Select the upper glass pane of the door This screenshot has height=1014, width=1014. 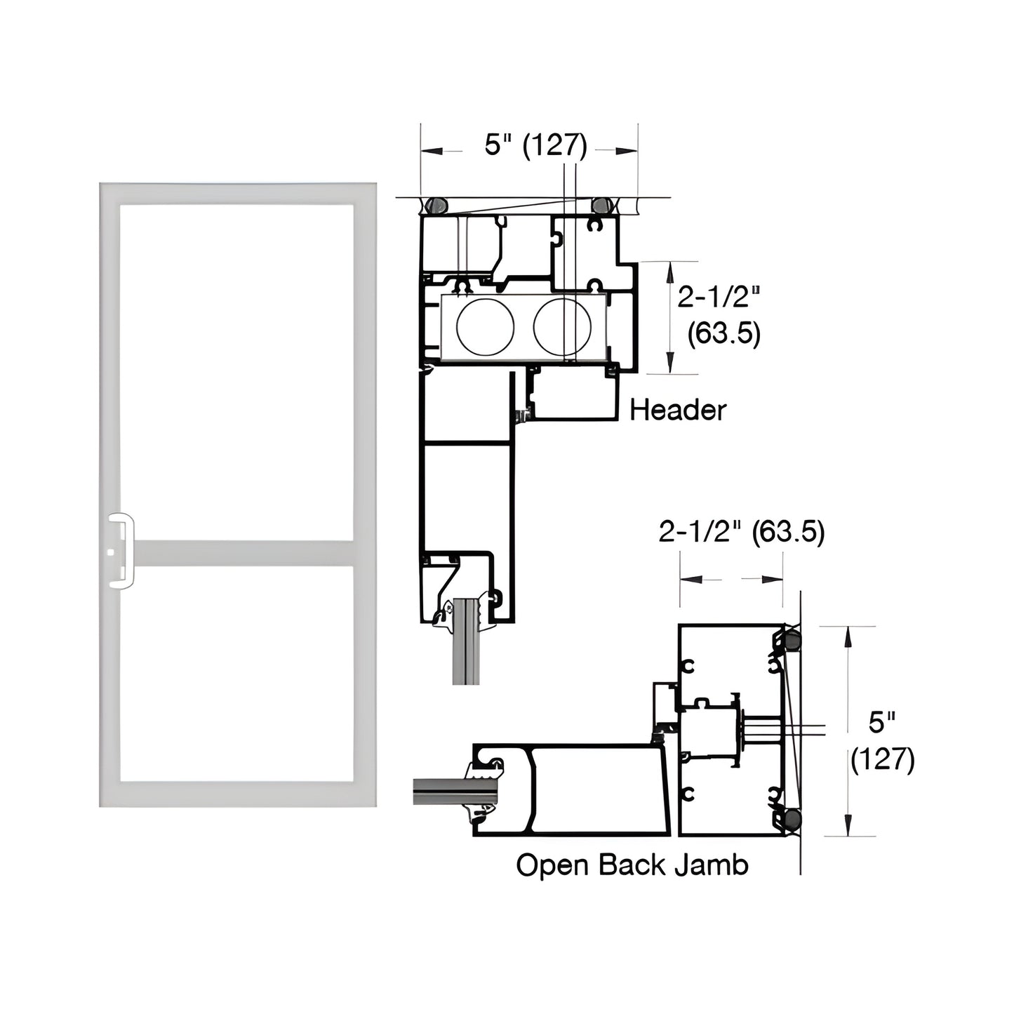click(x=236, y=372)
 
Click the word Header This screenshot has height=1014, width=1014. click(x=677, y=410)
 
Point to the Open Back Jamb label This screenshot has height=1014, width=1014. click(x=632, y=865)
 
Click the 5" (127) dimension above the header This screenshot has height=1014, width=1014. click(x=535, y=145)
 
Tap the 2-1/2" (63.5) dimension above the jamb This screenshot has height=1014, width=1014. click(x=741, y=533)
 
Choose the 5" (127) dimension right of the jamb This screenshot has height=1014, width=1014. click(x=882, y=741)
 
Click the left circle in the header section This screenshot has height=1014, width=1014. click(x=485, y=327)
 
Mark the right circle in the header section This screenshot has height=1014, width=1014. click(x=562, y=327)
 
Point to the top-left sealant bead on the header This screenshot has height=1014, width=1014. click(x=436, y=205)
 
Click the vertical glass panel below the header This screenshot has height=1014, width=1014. click(x=467, y=646)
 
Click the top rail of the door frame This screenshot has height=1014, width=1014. click(x=237, y=194)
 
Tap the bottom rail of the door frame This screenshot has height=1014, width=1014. click(x=237, y=794)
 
